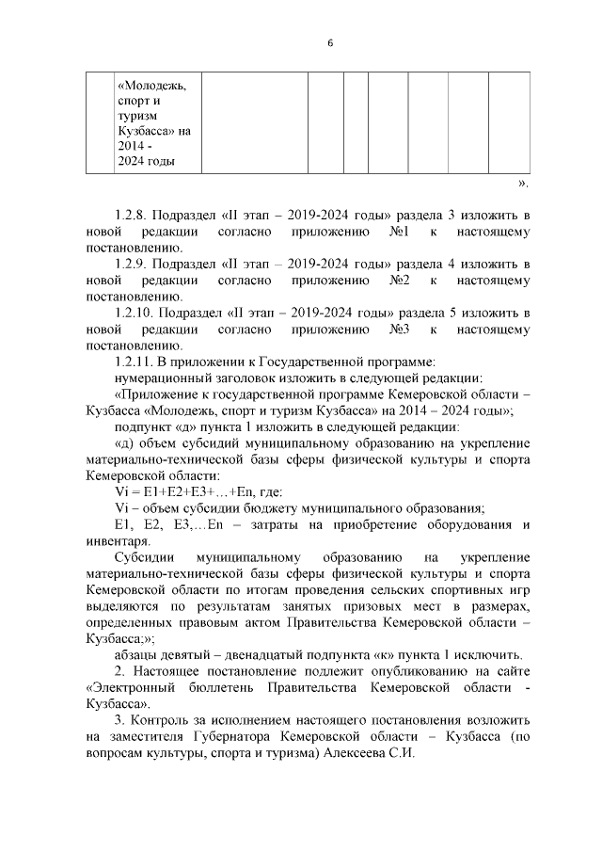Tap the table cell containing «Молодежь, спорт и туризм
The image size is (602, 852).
(x=154, y=122)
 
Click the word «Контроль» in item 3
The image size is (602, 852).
(x=166, y=721)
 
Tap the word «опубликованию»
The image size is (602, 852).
(x=402, y=669)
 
